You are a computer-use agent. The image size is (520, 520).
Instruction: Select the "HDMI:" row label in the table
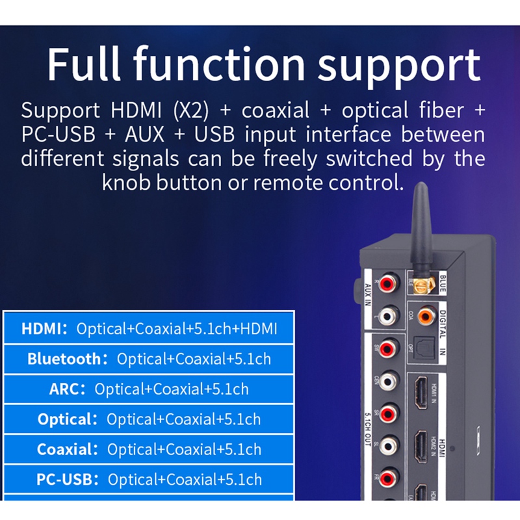(45, 329)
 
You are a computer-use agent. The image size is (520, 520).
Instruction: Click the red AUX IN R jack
(388, 283)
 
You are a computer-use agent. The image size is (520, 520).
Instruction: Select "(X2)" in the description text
(192, 110)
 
